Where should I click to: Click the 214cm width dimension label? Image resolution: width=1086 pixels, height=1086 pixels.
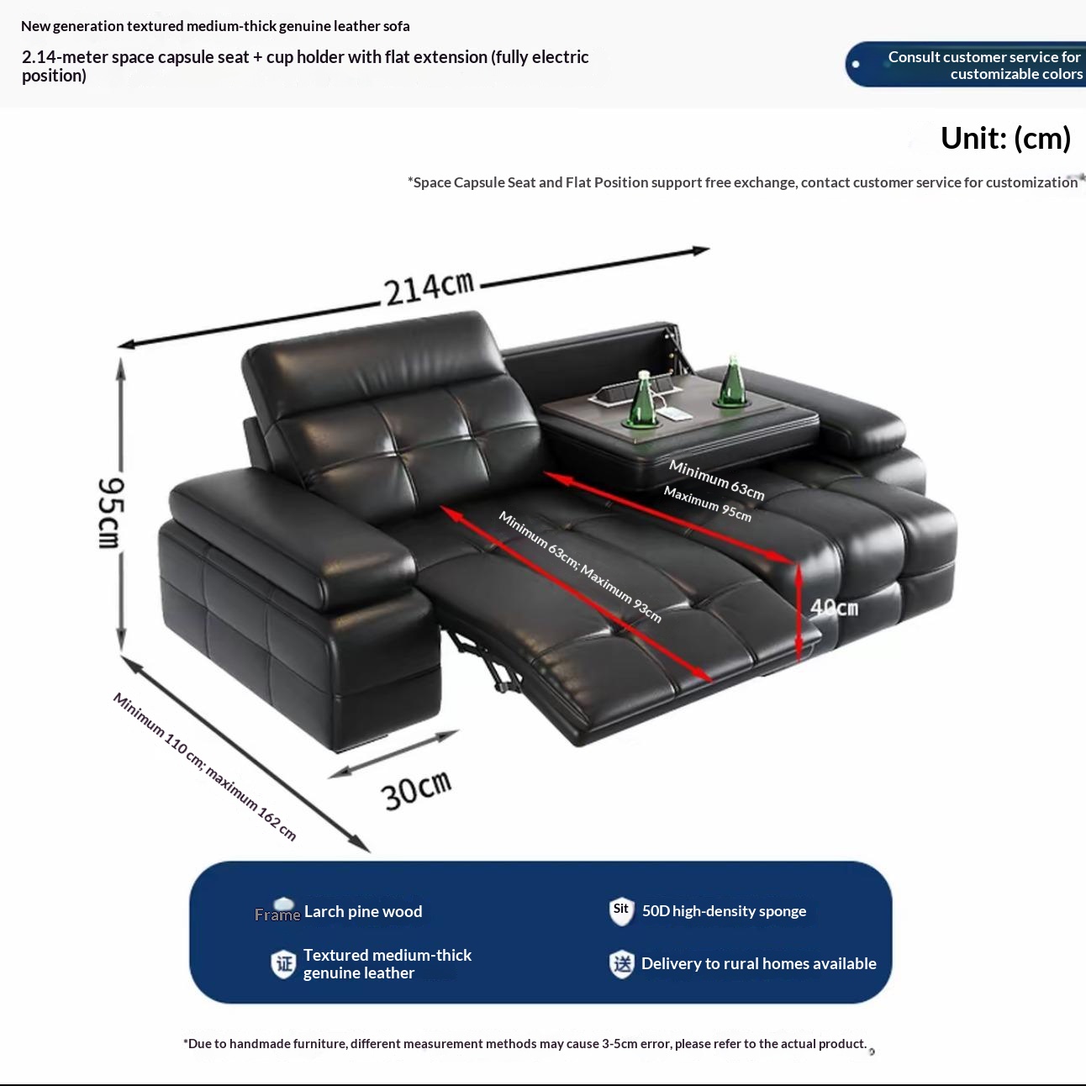pos(429,287)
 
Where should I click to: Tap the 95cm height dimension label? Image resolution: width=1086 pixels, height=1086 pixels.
pos(110,512)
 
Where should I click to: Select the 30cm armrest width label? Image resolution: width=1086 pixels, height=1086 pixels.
pos(416,789)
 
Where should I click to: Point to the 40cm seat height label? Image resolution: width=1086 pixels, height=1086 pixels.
pos(834,607)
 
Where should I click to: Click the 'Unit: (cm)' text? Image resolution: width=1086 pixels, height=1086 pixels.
pos(1005,138)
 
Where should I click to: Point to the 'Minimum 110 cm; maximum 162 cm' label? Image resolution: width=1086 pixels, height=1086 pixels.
pos(205,766)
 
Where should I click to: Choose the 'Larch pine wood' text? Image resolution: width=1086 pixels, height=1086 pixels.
pos(363,911)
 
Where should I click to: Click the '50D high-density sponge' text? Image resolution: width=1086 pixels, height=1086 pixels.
pos(724,911)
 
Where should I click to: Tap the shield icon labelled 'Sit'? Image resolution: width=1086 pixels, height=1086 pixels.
pos(621,910)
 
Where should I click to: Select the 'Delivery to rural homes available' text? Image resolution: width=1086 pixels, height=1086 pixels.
pos(758,963)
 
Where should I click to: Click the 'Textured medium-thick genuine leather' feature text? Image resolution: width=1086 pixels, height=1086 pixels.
pos(387,963)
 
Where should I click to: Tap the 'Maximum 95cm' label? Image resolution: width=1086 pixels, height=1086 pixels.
pos(707,503)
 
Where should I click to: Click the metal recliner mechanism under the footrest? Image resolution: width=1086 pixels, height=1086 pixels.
pos(488,660)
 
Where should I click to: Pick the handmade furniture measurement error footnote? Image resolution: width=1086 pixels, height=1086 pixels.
pos(525,1044)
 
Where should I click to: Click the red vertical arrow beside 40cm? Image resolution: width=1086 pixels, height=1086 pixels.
pos(799,612)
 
